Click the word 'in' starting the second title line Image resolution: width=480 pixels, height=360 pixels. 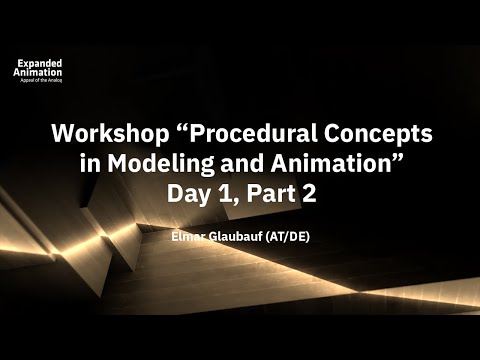pyautogui.click(x=118, y=165)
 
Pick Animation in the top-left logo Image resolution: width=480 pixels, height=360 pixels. pyautogui.click(x=37, y=72)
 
